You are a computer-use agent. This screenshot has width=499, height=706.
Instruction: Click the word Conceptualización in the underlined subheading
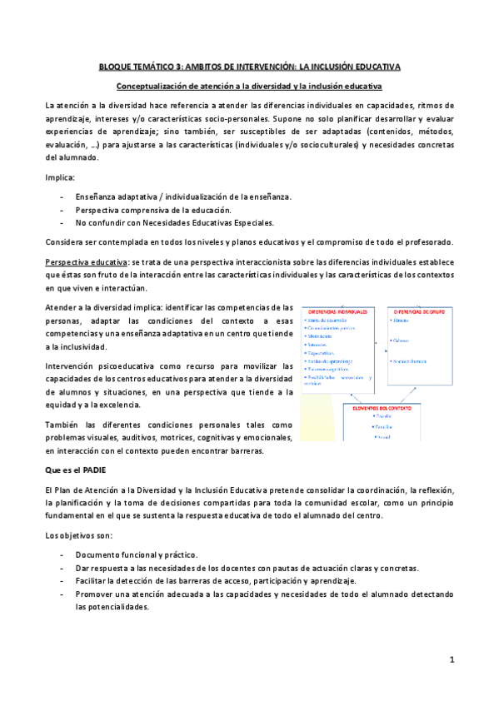pos(152,86)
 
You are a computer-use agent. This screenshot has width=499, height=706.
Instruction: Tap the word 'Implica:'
pos(58,177)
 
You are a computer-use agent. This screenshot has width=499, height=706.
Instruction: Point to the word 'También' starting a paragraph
pos(63,425)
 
